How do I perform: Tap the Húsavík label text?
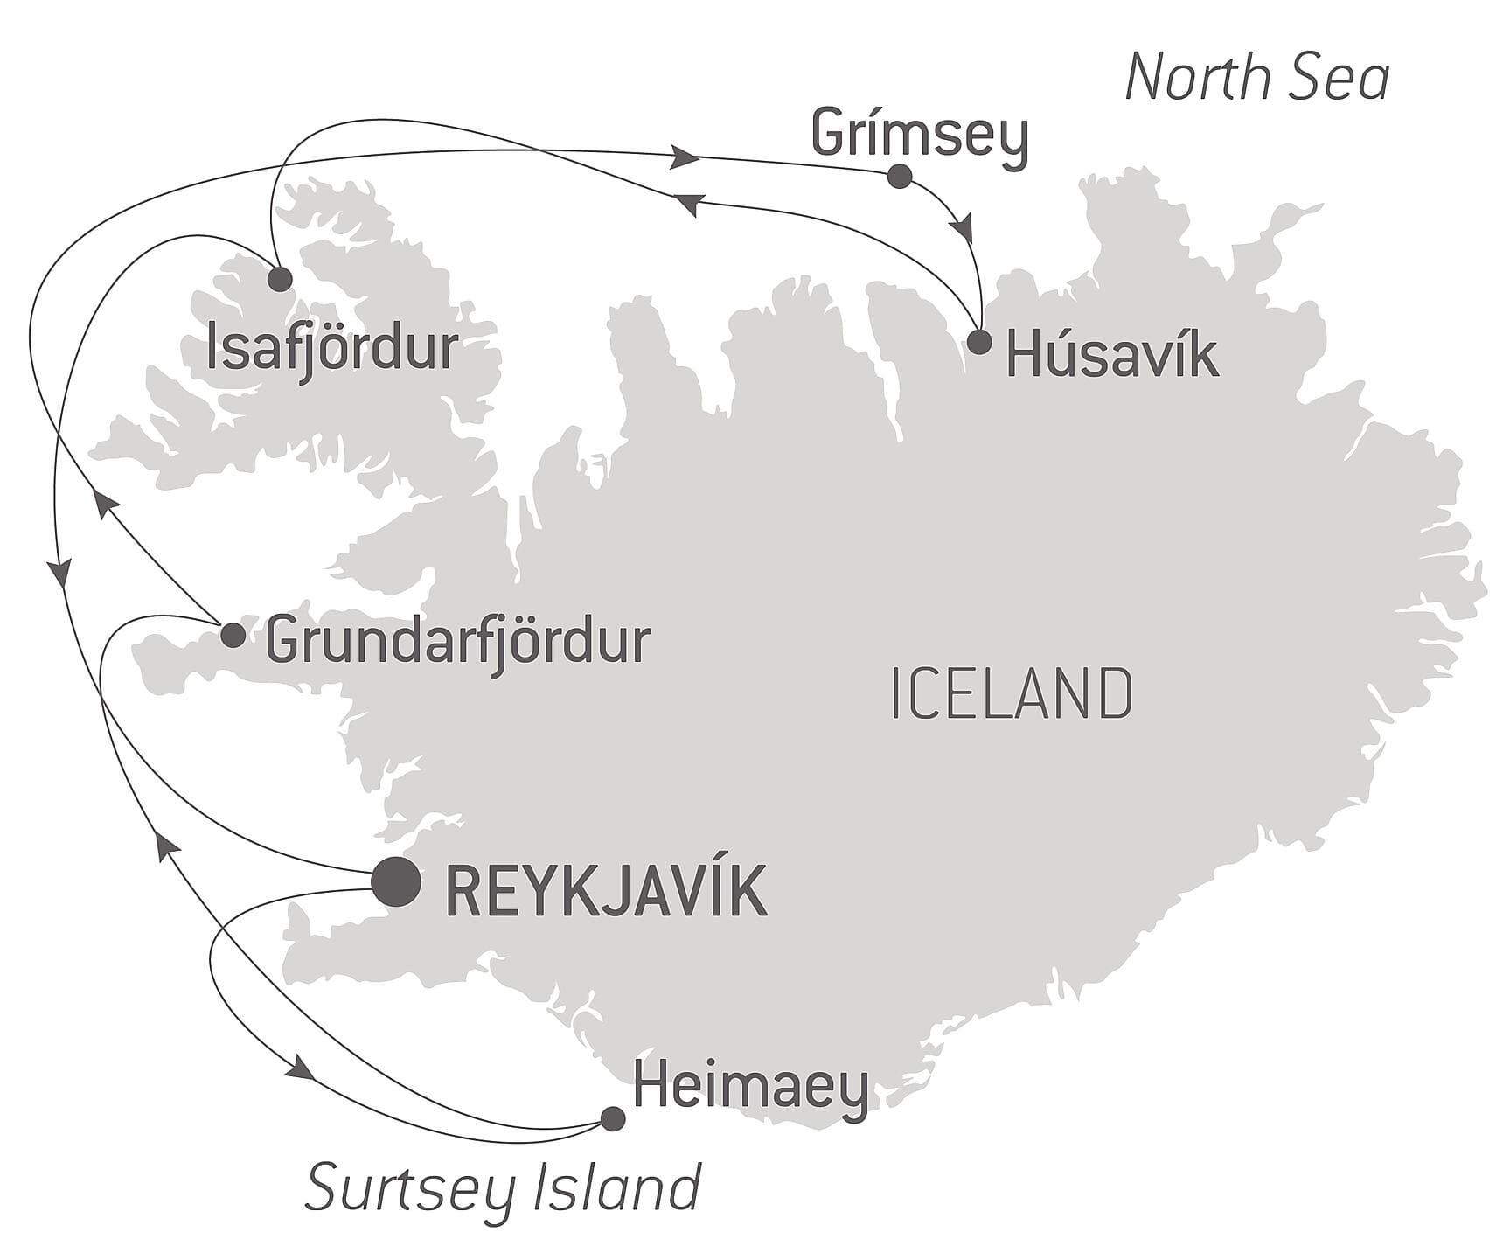tap(1112, 356)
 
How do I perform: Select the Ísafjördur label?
tap(331, 348)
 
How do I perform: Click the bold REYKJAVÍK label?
tap(606, 892)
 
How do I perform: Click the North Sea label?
tap(1256, 78)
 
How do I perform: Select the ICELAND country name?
tap(1012, 693)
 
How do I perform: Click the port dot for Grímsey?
tap(899, 177)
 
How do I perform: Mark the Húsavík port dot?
tap(979, 342)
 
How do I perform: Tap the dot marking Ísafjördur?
tap(280, 279)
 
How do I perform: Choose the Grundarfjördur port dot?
tap(233, 636)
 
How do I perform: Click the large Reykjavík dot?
tap(396, 881)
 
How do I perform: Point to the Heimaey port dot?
tap(613, 1118)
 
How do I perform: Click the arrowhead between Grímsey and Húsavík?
tap(962, 228)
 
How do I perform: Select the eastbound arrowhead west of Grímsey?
tap(687, 158)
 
